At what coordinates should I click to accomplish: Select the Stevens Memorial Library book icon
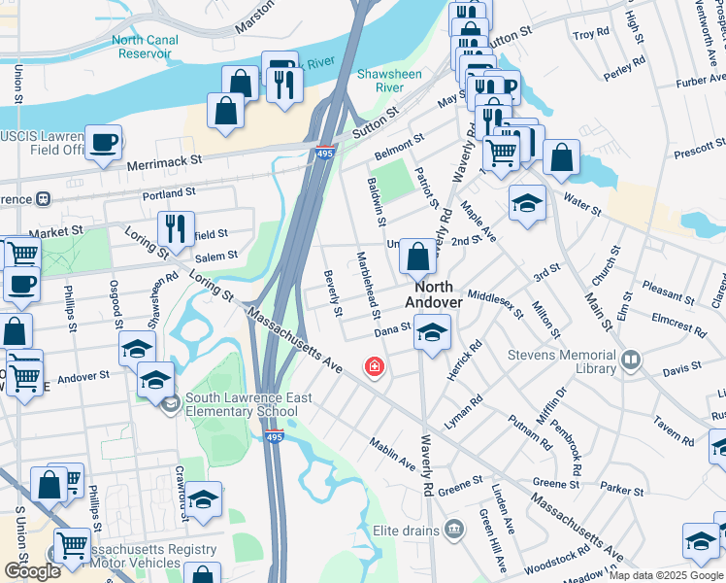pyautogui.click(x=632, y=361)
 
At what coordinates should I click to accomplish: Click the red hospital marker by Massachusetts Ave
pyautogui.click(x=373, y=367)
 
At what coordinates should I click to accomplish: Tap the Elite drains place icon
pyautogui.click(x=453, y=530)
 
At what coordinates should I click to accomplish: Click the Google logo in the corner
pyautogui.click(x=32, y=571)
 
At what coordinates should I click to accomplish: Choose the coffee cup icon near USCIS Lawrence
pyautogui.click(x=103, y=143)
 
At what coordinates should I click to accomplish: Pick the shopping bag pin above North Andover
pyautogui.click(x=417, y=257)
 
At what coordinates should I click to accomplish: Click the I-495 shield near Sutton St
pyautogui.click(x=325, y=152)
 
